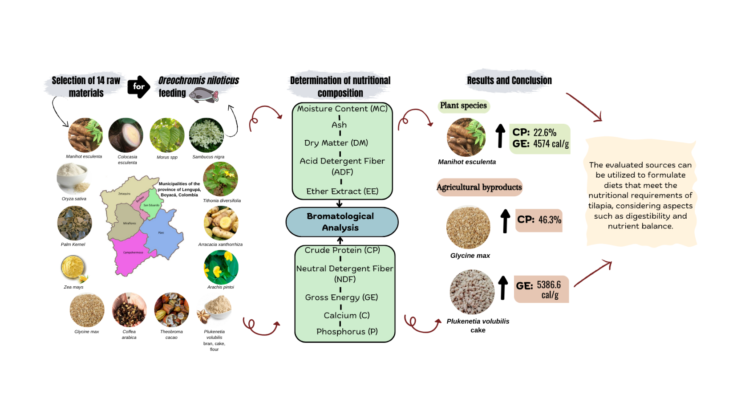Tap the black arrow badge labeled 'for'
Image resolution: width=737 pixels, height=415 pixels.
[x=138, y=86]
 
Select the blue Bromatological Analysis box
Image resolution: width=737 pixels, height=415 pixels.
[x=341, y=222]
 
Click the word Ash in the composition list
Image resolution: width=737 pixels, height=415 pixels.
[x=339, y=125]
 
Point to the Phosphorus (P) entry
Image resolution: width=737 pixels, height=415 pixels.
[x=347, y=332]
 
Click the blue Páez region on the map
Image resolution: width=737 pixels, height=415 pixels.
[x=163, y=234]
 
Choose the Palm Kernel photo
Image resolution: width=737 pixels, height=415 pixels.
[x=74, y=224]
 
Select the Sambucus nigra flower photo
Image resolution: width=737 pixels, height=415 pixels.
[x=207, y=135]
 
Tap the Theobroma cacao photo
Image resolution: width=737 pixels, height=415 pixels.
[x=171, y=310]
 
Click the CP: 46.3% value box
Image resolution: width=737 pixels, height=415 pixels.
[x=539, y=220]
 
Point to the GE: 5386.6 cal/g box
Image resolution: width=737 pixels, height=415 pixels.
[x=541, y=289]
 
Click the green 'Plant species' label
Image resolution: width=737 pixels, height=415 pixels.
[x=463, y=106]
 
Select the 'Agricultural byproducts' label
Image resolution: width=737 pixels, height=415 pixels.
[x=479, y=187]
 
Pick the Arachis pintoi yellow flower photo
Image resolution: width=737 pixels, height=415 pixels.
[x=221, y=267]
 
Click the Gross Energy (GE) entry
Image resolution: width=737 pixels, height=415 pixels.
[x=341, y=297]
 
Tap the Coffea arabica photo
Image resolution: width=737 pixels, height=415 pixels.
[x=129, y=310]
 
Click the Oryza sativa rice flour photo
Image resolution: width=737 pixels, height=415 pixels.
[x=73, y=178]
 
